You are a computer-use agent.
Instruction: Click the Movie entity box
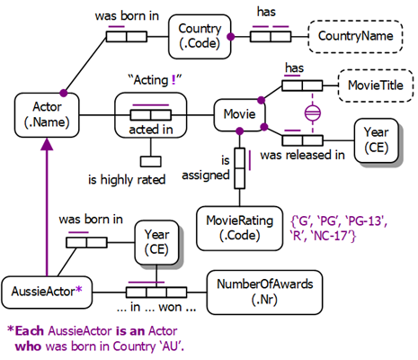coord(238,116)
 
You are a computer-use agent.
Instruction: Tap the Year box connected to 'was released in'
coord(376,139)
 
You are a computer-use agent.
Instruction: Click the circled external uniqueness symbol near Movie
coord(312,113)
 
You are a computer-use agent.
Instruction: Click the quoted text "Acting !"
coord(156,81)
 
